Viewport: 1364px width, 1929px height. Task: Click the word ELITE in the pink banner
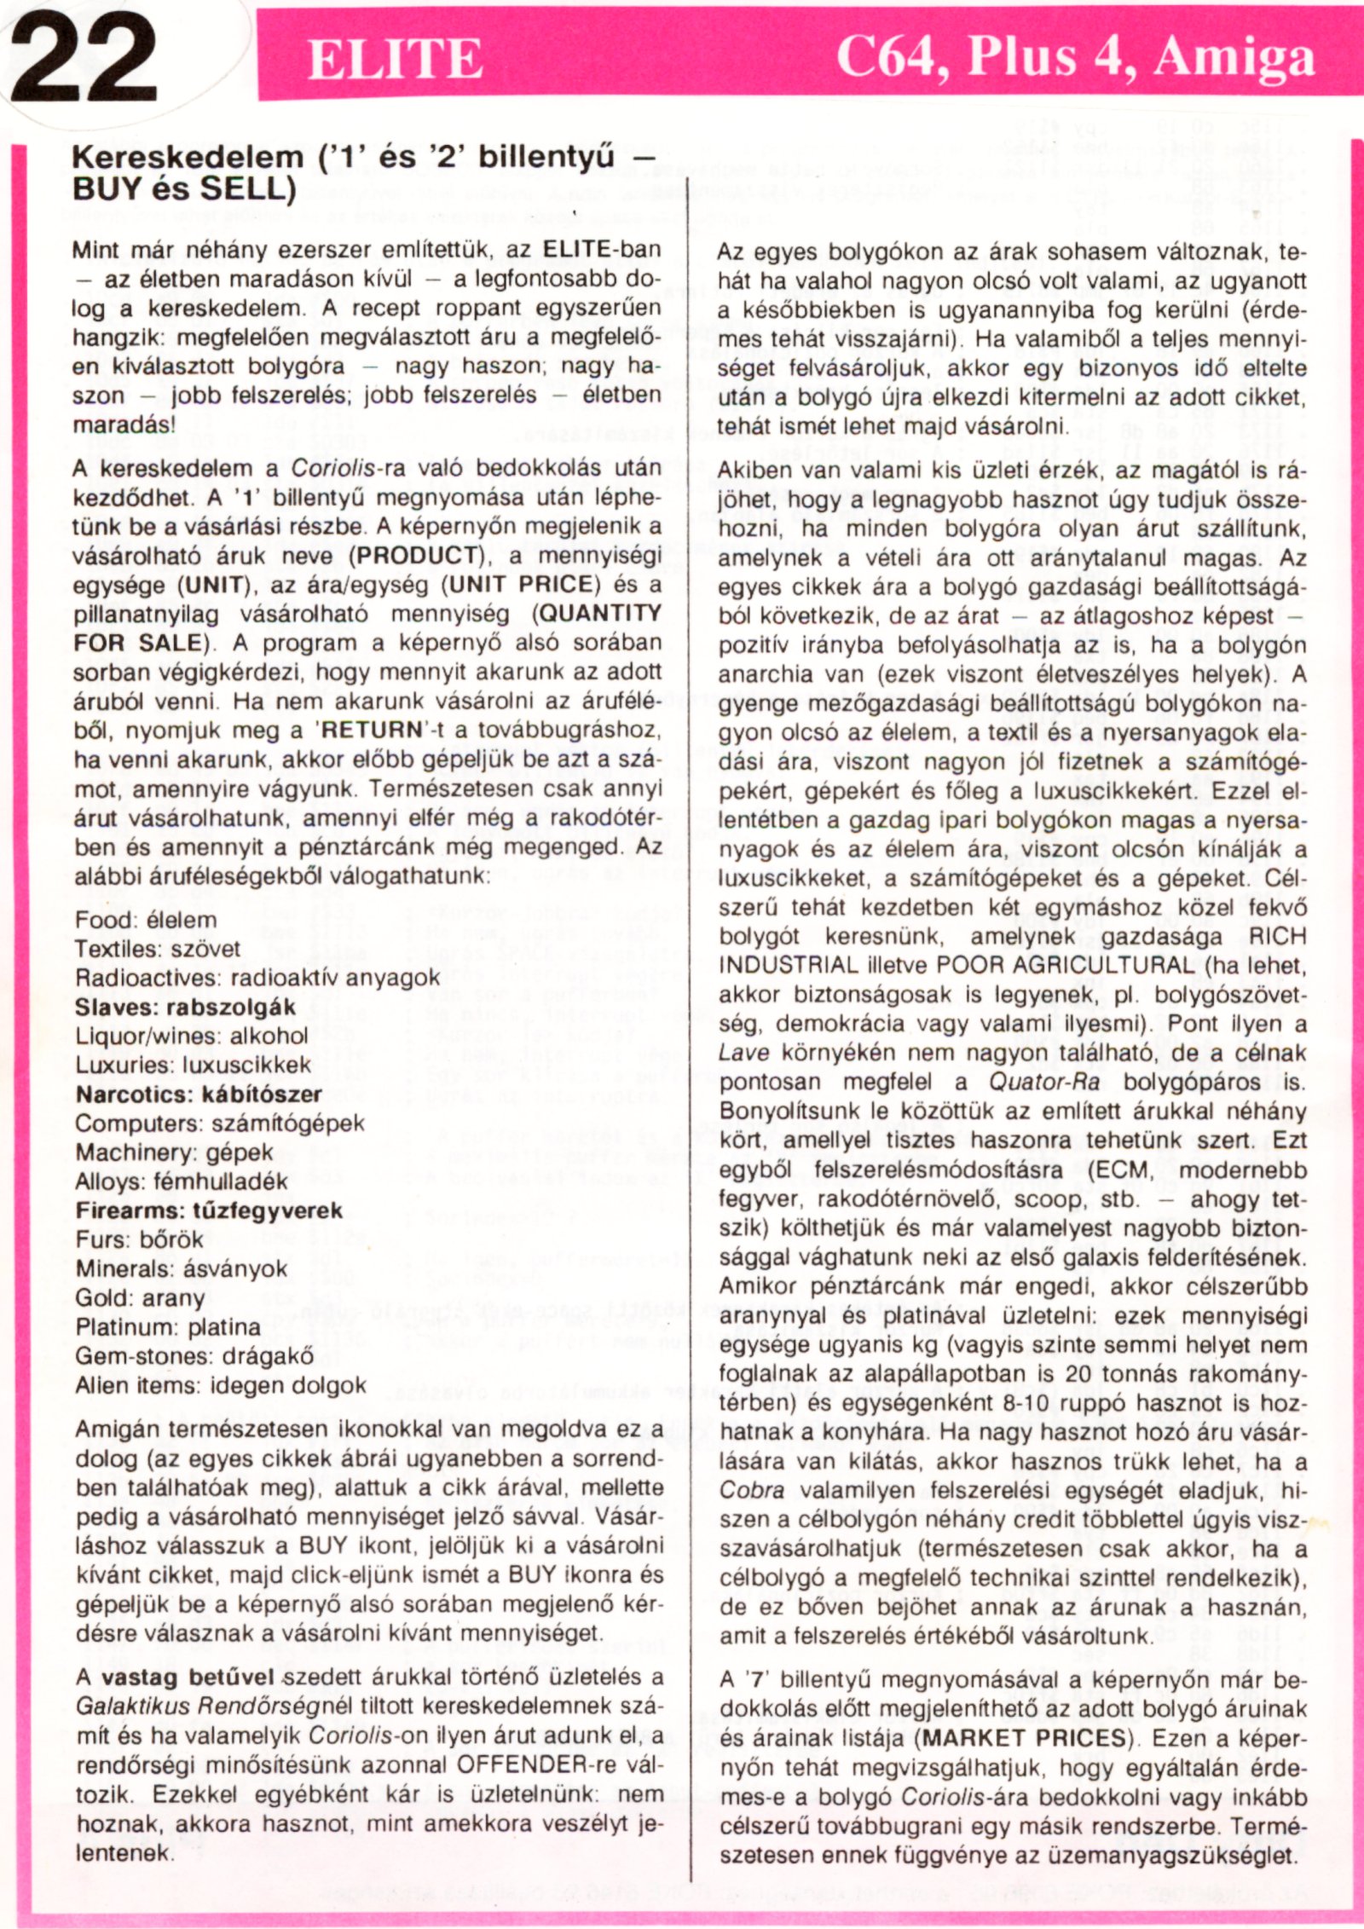[395, 60]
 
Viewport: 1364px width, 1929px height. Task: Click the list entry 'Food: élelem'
[146, 920]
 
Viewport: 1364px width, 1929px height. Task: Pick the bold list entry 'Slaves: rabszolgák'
[185, 1007]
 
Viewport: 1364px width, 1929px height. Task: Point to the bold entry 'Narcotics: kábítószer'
[199, 1094]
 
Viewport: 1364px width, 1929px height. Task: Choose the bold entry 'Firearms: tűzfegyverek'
[209, 1210]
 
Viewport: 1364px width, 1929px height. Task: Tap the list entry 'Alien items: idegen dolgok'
[221, 1385]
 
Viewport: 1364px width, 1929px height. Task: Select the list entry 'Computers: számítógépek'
[219, 1123]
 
